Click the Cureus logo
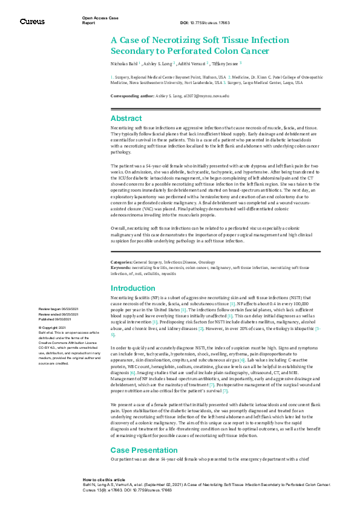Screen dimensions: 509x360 31,22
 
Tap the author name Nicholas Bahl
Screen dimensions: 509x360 124,62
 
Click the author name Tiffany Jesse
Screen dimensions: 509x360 226,62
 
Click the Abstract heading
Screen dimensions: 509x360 126,118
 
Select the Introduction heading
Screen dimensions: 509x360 133,288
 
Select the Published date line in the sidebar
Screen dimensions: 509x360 60,319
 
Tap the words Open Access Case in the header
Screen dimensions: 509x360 100,18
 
